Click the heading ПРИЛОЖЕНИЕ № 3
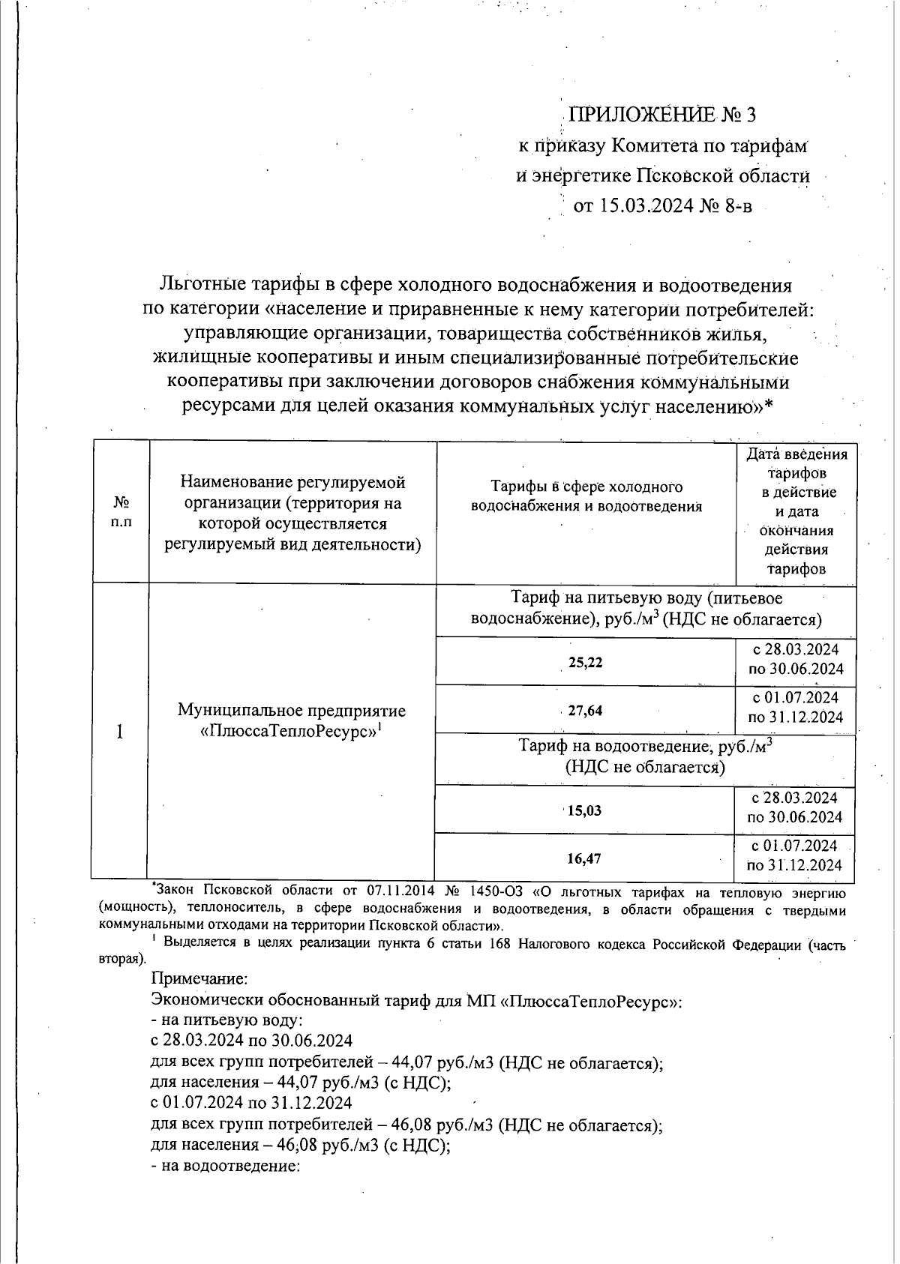(x=663, y=115)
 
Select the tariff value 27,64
(x=585, y=711)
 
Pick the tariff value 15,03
(x=584, y=810)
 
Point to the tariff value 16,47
(x=584, y=858)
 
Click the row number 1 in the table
(x=120, y=731)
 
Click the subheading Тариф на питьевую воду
(x=646, y=598)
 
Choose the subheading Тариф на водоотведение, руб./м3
(x=646, y=746)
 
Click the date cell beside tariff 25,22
(x=795, y=658)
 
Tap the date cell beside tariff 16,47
(x=795, y=855)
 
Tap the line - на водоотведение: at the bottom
(x=225, y=1167)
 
